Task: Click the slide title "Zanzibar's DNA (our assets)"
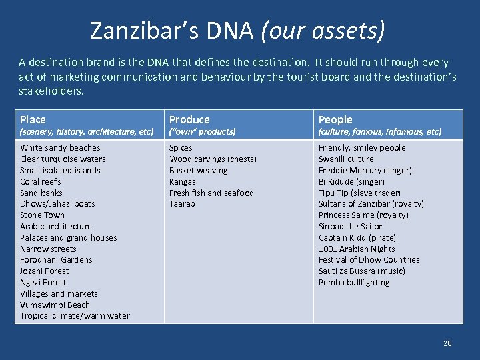pos(237,30)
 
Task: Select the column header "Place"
pos(33,119)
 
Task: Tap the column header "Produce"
pos(189,119)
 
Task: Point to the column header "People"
pos(335,119)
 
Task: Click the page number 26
pos(447,343)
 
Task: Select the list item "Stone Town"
pos(42,215)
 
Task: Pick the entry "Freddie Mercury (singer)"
pos(365,170)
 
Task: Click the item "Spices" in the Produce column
pos(181,148)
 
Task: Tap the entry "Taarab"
pos(182,204)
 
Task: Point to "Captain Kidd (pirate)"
pos(357,237)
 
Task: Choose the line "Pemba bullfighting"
pos(354,282)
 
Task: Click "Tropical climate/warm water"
pos(75,316)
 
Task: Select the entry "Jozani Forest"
pos(44,271)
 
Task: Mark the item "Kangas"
pos(183,181)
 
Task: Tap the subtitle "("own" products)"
pos(202,132)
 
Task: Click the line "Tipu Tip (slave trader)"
pos(359,193)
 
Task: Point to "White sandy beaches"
pos(60,148)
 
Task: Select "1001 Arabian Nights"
pos(357,249)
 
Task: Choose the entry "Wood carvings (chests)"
pos(213,159)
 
